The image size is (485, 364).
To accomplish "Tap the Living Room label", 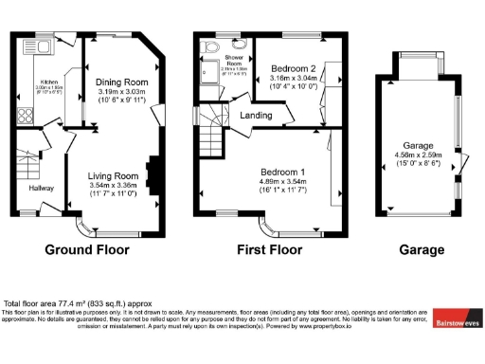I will (114, 176).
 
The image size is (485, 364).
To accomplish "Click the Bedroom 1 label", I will (284, 172).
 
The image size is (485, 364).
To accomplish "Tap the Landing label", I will (257, 116).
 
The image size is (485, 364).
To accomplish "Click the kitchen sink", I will (36, 45).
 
